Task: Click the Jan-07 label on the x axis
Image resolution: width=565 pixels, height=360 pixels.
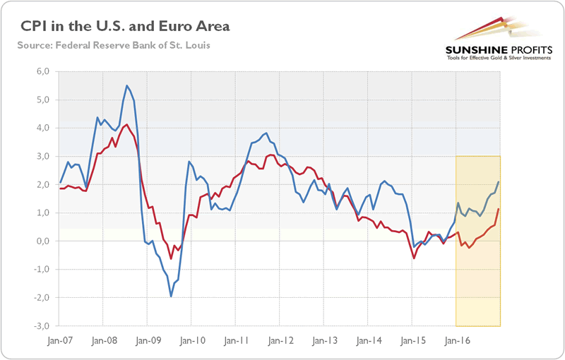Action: (60, 339)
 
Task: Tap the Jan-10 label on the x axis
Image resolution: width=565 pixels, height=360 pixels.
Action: (192, 339)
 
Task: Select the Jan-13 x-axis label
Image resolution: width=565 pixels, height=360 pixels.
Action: (324, 339)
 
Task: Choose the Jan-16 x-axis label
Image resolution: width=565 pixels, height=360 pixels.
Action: (456, 339)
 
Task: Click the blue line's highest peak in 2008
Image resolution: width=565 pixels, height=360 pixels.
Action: (126, 86)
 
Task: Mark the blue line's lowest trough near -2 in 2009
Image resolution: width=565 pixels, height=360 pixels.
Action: (171, 296)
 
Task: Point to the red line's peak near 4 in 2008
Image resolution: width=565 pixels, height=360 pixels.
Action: (126, 125)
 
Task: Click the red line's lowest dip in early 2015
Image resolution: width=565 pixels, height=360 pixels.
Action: (414, 258)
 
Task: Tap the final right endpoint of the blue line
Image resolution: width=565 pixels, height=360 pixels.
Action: (499, 182)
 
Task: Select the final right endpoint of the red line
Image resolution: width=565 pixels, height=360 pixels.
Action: (499, 208)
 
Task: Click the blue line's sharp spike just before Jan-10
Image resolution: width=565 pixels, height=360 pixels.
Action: (189, 162)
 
